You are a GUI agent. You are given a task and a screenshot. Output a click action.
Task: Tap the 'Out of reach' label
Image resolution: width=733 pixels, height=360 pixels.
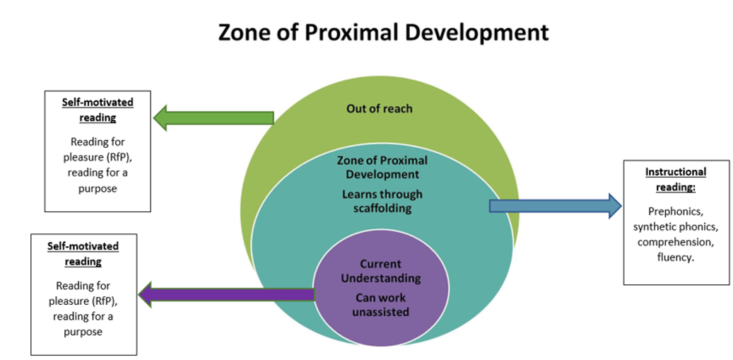(380, 108)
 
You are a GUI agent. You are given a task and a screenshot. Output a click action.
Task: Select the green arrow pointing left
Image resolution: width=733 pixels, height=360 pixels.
(213, 118)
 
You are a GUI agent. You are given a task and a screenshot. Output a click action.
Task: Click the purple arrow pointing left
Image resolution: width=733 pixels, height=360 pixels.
(227, 294)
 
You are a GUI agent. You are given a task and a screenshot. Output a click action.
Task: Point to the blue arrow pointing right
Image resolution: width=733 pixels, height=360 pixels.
(556, 207)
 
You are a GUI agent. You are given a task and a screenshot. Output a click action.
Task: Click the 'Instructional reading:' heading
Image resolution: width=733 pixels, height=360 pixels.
(676, 180)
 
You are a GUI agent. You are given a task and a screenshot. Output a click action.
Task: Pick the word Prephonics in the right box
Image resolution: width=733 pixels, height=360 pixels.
(676, 211)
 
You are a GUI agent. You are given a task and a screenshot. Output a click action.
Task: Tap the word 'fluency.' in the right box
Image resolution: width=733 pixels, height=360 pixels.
(676, 257)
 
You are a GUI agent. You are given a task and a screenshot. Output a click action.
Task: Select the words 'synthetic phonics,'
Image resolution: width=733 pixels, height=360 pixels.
(676, 227)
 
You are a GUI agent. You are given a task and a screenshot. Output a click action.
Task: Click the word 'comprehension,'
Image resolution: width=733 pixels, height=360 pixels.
(676, 242)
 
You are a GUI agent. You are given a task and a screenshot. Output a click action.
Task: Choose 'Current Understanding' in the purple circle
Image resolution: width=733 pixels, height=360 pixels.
(380, 271)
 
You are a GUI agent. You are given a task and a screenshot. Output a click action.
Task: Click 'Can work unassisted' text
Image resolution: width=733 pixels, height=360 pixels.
(380, 304)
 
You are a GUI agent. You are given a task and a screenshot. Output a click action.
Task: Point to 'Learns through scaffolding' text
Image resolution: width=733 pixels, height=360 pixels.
(382, 201)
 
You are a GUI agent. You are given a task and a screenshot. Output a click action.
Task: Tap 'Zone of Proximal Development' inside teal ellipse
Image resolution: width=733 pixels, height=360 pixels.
(382, 168)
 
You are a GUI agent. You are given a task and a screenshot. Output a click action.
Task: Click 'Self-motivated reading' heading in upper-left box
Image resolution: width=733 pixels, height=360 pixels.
(98, 110)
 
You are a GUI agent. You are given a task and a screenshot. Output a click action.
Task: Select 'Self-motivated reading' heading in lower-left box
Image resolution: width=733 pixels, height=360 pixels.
(83, 253)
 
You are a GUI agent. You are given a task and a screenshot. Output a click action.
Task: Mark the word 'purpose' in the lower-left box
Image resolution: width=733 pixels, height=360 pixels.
(83, 332)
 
